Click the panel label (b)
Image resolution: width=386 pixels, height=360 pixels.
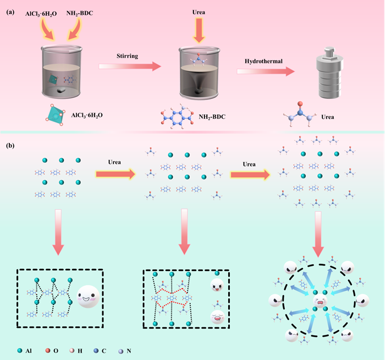(x=10, y=146)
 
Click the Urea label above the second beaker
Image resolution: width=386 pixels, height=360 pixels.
(x=198, y=10)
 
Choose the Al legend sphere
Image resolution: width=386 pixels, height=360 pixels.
(x=19, y=348)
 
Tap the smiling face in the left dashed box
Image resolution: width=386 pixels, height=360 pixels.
(x=89, y=297)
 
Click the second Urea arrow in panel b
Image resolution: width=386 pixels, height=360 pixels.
(x=250, y=175)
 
